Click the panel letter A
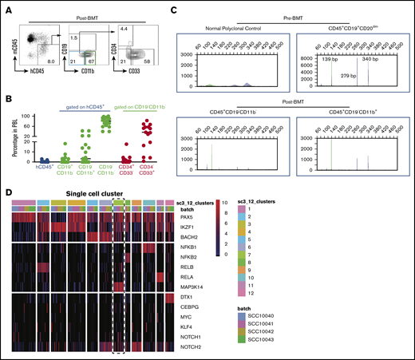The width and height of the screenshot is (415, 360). point(8,8)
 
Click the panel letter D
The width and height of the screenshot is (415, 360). point(8,192)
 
